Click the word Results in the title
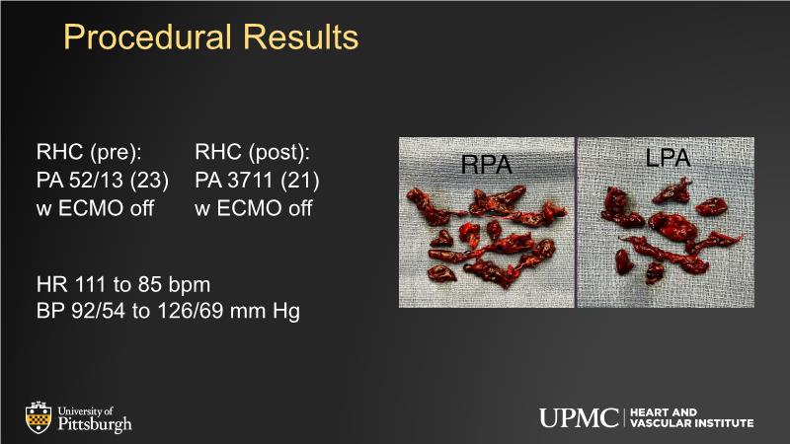point(301,37)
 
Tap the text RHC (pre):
point(89,153)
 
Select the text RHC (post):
point(253,153)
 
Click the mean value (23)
point(149,181)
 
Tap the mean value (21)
point(300,181)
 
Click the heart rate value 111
point(90,285)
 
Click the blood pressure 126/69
point(191,311)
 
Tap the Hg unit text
point(286,312)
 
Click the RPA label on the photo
point(486,165)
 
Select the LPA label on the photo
point(669,158)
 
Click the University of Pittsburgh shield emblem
point(39,417)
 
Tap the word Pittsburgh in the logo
point(95,424)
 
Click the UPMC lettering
point(579,417)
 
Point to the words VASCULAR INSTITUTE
point(692,423)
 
